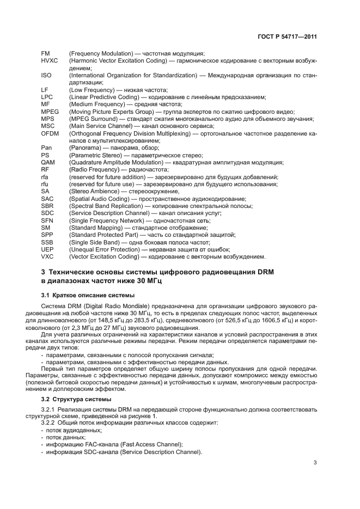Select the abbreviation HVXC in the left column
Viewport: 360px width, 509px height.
(x=49, y=60)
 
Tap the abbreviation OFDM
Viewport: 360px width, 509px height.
(x=50, y=133)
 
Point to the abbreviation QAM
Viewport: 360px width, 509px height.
(x=48, y=162)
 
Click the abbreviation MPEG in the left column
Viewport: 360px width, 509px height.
(x=50, y=111)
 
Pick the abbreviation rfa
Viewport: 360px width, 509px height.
(x=45, y=177)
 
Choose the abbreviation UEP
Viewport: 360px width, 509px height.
(x=47, y=249)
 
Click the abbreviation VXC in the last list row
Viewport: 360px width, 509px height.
(x=47, y=256)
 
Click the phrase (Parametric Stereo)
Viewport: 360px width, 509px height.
(x=91, y=155)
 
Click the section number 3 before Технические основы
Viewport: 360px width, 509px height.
(x=43, y=272)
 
